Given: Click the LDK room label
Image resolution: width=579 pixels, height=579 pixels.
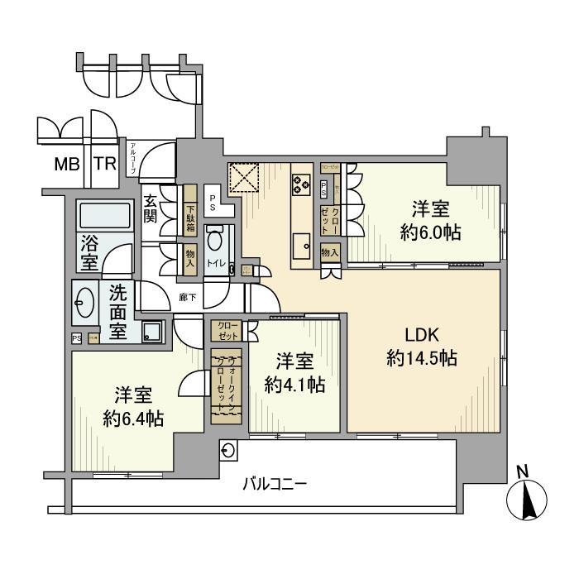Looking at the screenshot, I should (x=426, y=334).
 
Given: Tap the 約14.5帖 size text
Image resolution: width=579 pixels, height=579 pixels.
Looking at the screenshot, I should (x=423, y=359).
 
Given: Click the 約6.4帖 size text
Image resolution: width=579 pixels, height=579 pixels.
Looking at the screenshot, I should (x=132, y=418).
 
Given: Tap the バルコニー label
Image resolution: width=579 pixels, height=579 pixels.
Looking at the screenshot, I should (x=275, y=482).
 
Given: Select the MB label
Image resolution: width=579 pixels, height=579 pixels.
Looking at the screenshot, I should (x=67, y=164).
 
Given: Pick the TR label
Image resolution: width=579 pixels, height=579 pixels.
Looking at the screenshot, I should (x=104, y=164).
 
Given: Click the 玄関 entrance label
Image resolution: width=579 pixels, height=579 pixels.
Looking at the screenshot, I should (x=151, y=208).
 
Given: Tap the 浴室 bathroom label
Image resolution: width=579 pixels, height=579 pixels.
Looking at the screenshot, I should (x=89, y=251).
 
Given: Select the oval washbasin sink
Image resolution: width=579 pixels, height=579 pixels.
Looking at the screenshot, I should (x=84, y=301).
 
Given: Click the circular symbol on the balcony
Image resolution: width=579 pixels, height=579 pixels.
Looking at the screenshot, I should (x=228, y=450).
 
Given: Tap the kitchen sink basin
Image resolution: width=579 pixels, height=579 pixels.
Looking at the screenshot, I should (x=300, y=246).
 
